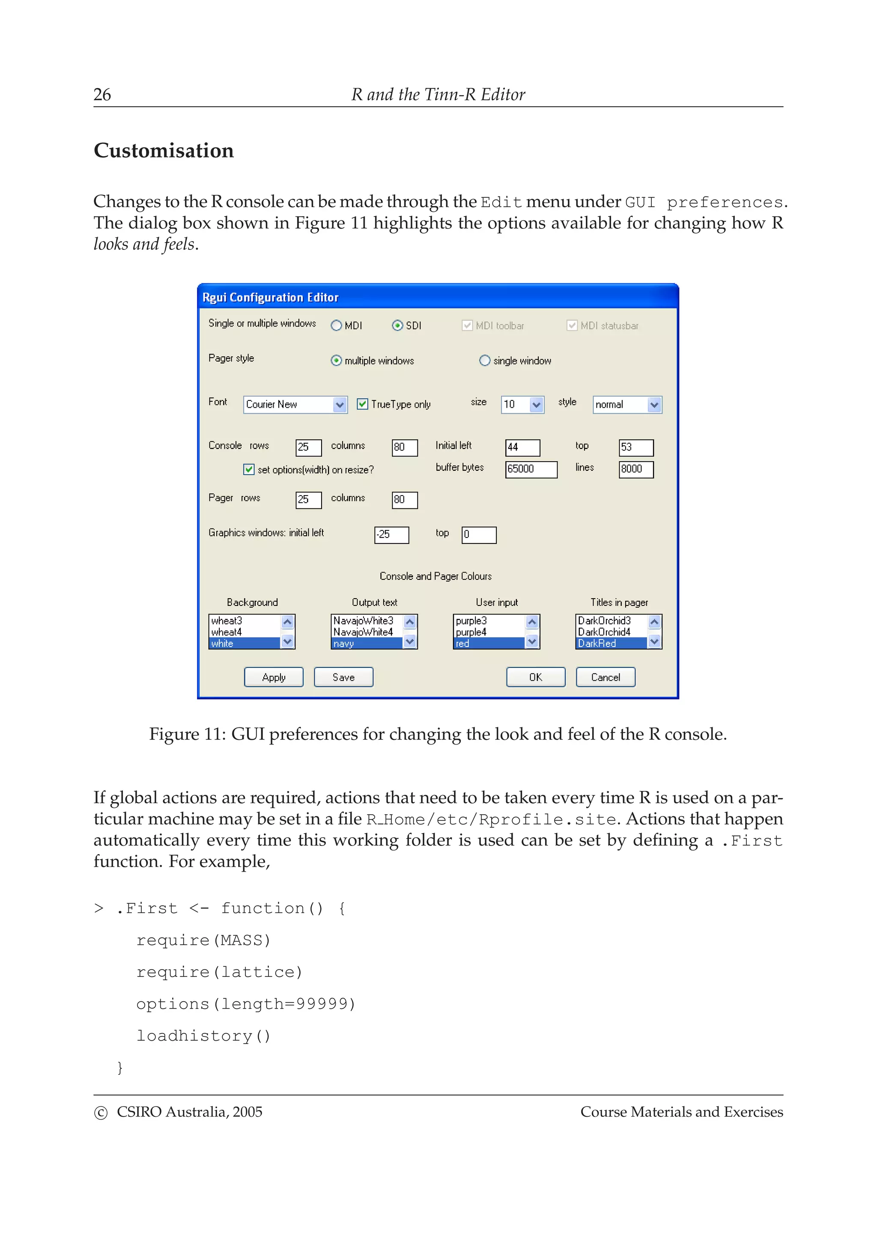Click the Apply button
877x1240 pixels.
pyautogui.click(x=274, y=677)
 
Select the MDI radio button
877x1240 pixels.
pyautogui.click(x=336, y=325)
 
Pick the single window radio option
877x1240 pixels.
pyautogui.click(x=485, y=360)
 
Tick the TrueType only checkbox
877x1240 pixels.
pyautogui.click(x=363, y=404)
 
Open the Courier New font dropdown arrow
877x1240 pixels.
pyautogui.click(x=339, y=404)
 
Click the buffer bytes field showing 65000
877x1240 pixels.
pyautogui.click(x=531, y=469)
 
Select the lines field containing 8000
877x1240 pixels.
pyautogui.click(x=635, y=469)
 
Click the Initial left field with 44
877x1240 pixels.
pyautogui.click(x=522, y=447)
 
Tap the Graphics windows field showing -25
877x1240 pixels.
pyautogui.click(x=391, y=535)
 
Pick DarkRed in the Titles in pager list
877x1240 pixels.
pyautogui.click(x=611, y=643)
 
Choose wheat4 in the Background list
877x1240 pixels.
pyautogui.click(x=244, y=632)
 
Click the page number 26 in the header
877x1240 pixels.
pyautogui.click(x=102, y=95)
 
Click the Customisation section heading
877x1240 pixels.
pyautogui.click(x=164, y=151)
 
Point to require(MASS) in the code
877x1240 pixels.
pyautogui.click(x=203, y=940)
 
